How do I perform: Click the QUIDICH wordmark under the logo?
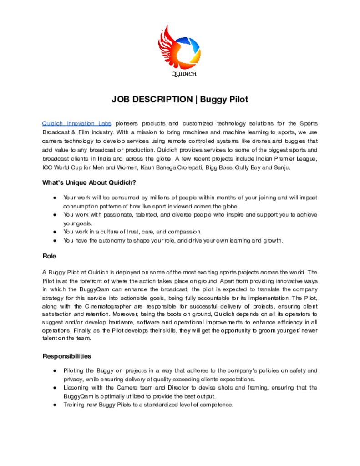[x=184, y=74]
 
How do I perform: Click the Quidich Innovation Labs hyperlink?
[x=76, y=123]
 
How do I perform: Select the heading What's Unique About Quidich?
[x=89, y=183]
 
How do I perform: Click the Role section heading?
[x=49, y=256]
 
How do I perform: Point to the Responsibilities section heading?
[x=67, y=356]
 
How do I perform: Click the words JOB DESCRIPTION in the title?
[x=152, y=100]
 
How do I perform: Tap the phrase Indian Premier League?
[x=287, y=159]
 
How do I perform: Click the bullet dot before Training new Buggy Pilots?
[x=55, y=405]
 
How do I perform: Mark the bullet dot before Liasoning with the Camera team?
[x=55, y=388]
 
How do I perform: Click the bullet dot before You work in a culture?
[x=55, y=232]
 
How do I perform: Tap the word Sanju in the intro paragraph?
[x=281, y=167]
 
